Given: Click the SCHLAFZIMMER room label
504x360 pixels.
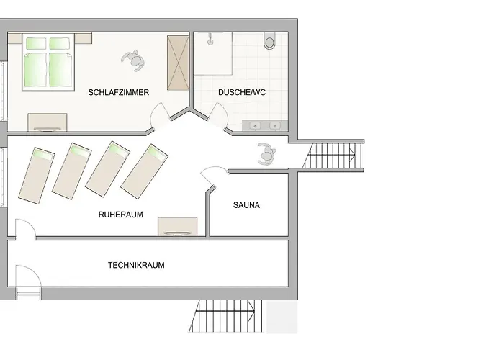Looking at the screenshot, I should (119, 93).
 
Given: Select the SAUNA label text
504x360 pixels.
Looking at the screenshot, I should (247, 205).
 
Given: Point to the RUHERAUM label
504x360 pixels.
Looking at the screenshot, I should (121, 215).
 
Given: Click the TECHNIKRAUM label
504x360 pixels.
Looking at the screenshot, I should (136, 265).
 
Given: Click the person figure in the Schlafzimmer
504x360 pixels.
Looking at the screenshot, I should (132, 59).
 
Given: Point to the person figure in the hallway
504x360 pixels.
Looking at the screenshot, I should (266, 153).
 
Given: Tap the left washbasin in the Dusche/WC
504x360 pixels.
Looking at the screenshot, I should (255, 127).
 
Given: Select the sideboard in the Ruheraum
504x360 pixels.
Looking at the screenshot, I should (177, 226).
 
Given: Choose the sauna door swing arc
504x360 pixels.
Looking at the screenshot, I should (213, 176).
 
